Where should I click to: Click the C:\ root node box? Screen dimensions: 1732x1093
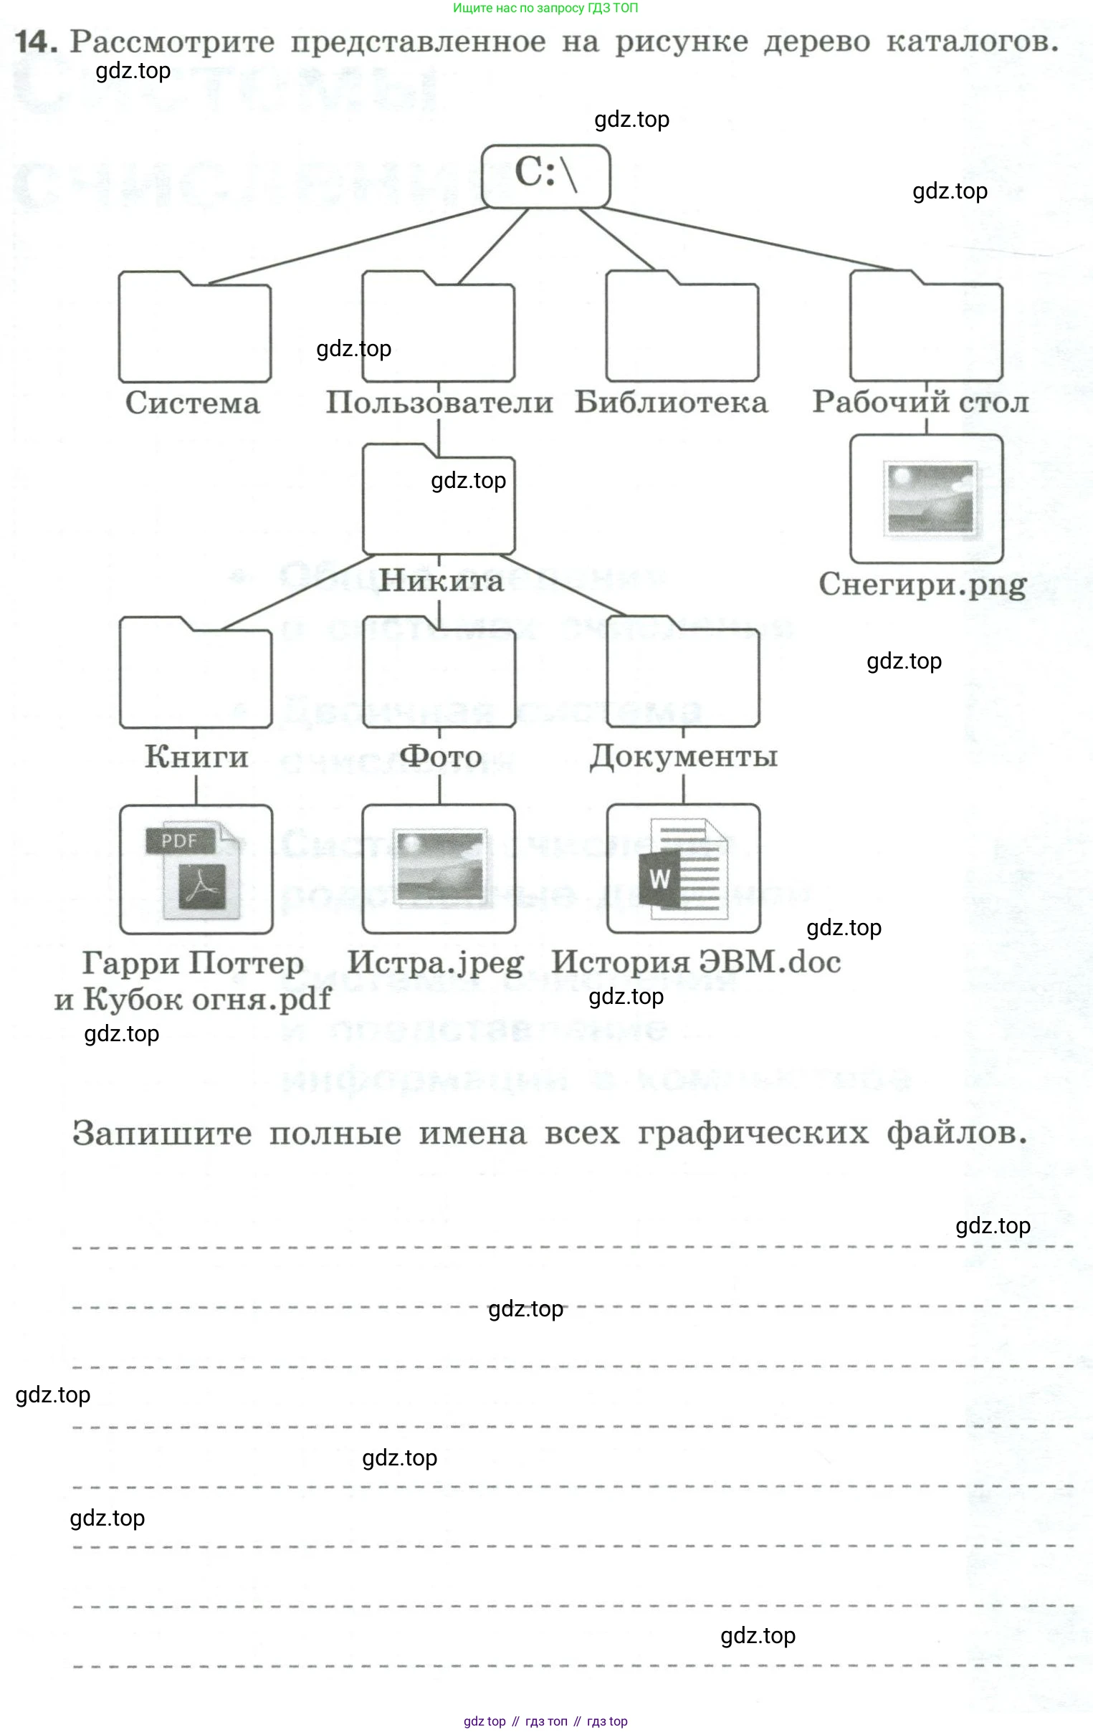tap(545, 176)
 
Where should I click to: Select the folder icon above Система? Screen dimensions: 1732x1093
tap(194, 327)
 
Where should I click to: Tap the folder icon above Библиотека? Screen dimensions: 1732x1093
tap(682, 327)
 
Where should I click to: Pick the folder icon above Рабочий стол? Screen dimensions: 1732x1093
tap(925, 327)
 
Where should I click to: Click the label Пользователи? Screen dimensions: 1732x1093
tap(439, 402)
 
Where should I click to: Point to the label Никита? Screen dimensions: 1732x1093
tap(440, 580)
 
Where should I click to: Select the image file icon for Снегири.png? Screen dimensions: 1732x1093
tap(926, 499)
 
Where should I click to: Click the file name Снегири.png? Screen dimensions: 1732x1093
tap(922, 584)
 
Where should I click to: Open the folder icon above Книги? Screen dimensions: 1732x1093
tap(195, 673)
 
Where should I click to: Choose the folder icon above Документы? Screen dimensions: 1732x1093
tap(683, 673)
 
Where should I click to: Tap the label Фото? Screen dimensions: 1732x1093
tap(440, 756)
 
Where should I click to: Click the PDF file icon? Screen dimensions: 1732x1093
tap(196, 869)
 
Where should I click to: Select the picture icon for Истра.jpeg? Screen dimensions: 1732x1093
tap(439, 869)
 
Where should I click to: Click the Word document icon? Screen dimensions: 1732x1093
tap(683, 869)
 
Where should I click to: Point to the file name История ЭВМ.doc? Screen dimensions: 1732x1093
tap(696, 962)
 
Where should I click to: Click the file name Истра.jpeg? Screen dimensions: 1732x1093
tap(435, 962)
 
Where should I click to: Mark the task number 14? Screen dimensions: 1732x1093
tap(36, 42)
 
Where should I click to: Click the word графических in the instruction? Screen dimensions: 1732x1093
tap(753, 1134)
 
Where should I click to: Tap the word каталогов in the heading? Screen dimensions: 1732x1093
tap(971, 42)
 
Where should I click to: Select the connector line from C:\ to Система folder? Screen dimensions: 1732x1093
tap(345, 244)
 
